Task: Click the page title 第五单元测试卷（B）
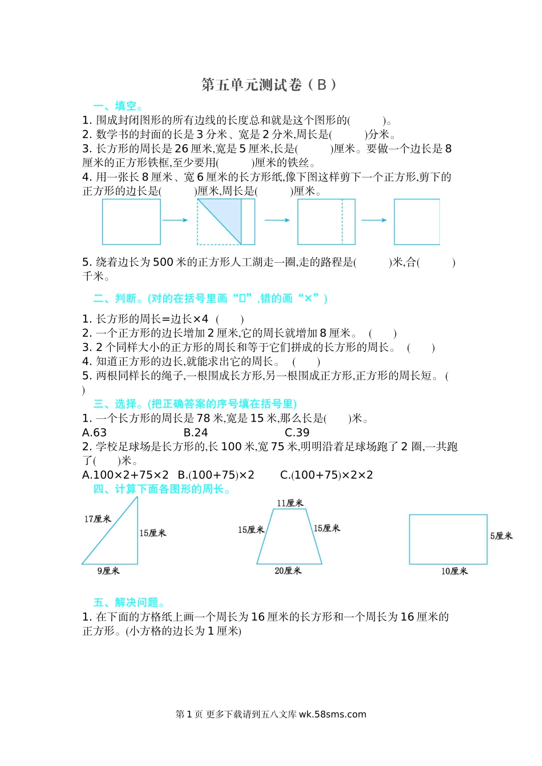click(269, 85)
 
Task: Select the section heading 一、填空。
click(118, 106)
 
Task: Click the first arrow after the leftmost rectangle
click(175, 220)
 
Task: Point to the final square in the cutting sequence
click(416, 222)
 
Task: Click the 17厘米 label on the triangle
click(97, 519)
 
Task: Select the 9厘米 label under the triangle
click(108, 571)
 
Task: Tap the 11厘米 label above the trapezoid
click(290, 503)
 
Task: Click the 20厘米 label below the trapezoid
click(288, 571)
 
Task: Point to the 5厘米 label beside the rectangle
click(501, 536)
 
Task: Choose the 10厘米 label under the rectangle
click(454, 571)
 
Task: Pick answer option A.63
click(95, 433)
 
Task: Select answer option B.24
click(196, 433)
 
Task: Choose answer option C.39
click(297, 433)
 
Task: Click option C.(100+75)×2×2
click(326, 475)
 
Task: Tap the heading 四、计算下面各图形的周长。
click(162, 489)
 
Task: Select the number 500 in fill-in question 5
click(163, 262)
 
